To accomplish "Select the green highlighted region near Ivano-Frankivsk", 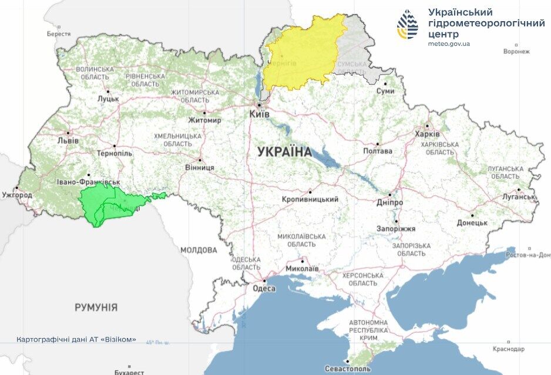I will [112, 205].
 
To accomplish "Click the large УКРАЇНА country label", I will [284, 152].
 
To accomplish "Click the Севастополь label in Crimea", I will [349, 369].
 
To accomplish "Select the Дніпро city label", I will [390, 202].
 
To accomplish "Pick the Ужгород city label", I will [16, 194].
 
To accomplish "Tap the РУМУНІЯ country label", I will [96, 307].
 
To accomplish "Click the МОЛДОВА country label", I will [198, 250].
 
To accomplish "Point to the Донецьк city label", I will [472, 223].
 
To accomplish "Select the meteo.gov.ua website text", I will [449, 44].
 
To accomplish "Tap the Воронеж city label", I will [516, 51].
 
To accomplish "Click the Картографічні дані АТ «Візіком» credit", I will [76, 339].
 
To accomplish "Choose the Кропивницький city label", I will [310, 200].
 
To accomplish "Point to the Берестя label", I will [59, 34].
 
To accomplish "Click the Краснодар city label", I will [509, 349].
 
